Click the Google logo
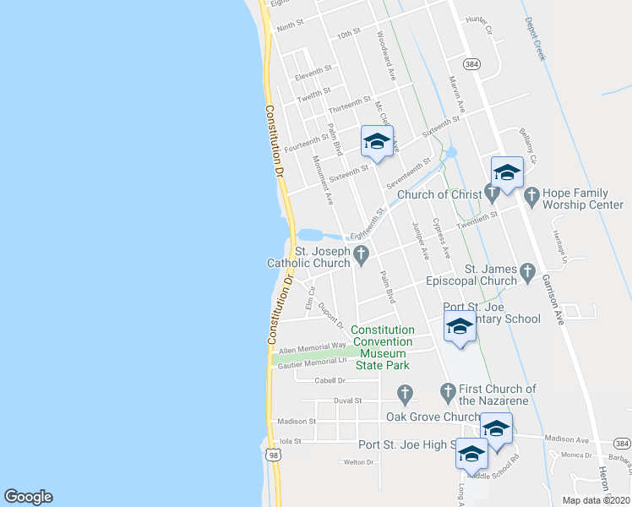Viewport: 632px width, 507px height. point(28,497)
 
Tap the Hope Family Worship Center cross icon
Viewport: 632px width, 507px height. point(531,199)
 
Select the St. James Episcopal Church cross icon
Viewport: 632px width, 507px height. point(528,271)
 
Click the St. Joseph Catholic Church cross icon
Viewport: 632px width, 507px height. point(362,254)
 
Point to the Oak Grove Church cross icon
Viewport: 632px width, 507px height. point(405,393)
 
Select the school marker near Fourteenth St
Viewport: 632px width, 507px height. point(378,142)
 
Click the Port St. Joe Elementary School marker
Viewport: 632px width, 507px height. point(460,328)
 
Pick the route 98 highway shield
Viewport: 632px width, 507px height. point(272,455)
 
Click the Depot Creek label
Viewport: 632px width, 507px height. point(536,39)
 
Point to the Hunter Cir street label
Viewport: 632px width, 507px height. point(479,19)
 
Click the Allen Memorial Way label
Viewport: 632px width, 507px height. point(312,346)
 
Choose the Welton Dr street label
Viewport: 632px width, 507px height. point(360,462)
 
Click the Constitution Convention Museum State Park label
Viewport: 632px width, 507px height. point(382,347)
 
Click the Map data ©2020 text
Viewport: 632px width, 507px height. point(597,500)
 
